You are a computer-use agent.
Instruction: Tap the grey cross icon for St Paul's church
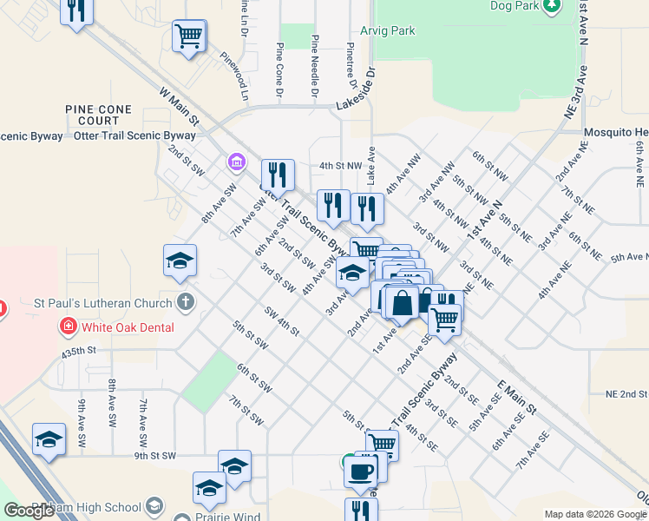coord(184,302)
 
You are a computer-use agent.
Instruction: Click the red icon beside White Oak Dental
coord(68,327)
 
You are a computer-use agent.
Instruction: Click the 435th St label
coord(76,352)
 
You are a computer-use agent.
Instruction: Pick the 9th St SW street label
coord(154,455)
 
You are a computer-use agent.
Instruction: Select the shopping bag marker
coord(402,303)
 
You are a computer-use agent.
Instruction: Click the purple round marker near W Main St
coord(235,162)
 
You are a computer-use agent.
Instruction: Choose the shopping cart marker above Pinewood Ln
coord(189,36)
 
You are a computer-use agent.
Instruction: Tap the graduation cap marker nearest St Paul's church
coord(180,260)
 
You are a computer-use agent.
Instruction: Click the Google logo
coord(29,511)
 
